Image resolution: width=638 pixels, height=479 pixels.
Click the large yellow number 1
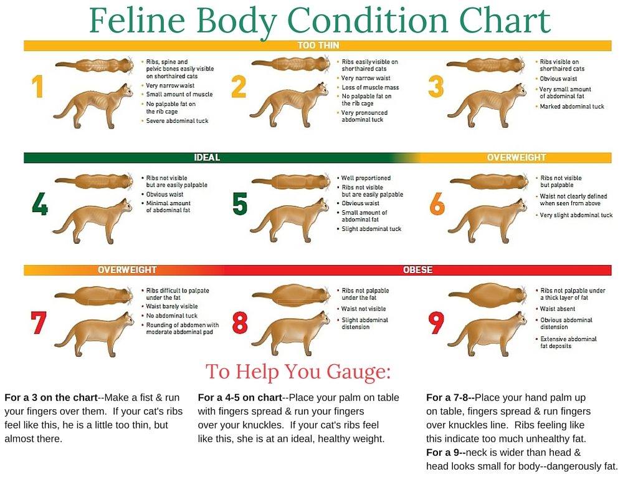click(x=38, y=87)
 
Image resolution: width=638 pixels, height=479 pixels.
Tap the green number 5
click(x=240, y=204)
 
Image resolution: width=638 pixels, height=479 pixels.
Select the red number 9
click(x=436, y=322)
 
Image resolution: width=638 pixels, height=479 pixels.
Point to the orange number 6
click(x=437, y=204)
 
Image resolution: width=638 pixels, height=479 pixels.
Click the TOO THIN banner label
click(x=318, y=45)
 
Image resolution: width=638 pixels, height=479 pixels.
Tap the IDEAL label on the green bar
click(x=207, y=158)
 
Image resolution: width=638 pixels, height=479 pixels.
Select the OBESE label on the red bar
click(x=417, y=270)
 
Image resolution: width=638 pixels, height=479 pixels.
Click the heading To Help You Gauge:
click(x=298, y=371)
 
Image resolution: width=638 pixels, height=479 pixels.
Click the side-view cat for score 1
click(x=93, y=106)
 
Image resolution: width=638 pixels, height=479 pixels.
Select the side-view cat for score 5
click(x=290, y=220)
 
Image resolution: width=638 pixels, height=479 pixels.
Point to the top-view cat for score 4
click(x=94, y=181)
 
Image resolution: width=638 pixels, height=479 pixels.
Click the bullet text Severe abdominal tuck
click(x=177, y=121)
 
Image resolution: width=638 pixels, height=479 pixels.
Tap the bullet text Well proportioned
click(x=366, y=178)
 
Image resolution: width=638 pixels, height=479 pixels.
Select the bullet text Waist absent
click(x=558, y=309)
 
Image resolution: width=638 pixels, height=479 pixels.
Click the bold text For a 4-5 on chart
click(x=240, y=397)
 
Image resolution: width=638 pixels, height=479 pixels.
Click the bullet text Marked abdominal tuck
click(x=572, y=107)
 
